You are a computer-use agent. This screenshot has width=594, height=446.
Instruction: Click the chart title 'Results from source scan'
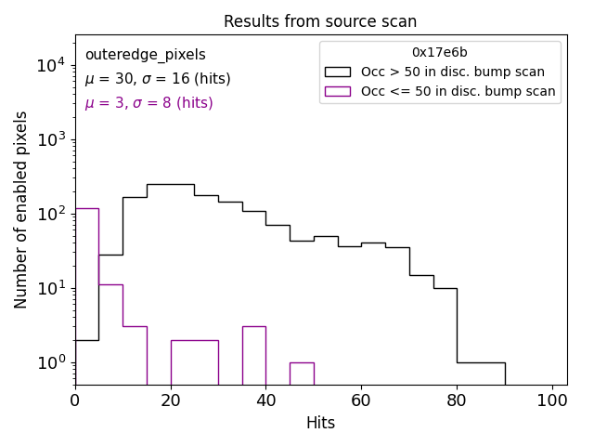(320, 21)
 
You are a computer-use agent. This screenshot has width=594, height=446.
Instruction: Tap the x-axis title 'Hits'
(320, 423)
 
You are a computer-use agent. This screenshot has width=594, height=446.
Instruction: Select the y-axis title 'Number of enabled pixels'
(21, 209)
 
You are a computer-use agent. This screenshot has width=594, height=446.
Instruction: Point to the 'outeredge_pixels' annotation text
(145, 56)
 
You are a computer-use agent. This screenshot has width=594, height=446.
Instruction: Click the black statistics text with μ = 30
(158, 79)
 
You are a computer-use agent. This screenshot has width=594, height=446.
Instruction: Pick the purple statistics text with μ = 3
(148, 103)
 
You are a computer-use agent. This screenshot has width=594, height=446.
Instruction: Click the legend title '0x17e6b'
(440, 53)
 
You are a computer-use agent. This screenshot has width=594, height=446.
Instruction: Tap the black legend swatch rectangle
(338, 72)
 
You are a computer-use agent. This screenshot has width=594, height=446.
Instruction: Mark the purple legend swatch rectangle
(338, 91)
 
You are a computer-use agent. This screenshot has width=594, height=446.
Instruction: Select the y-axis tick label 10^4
(50, 65)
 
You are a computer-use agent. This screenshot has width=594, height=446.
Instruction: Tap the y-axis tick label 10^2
(50, 214)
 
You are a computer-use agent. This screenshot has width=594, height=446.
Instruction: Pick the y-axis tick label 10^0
(50, 362)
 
